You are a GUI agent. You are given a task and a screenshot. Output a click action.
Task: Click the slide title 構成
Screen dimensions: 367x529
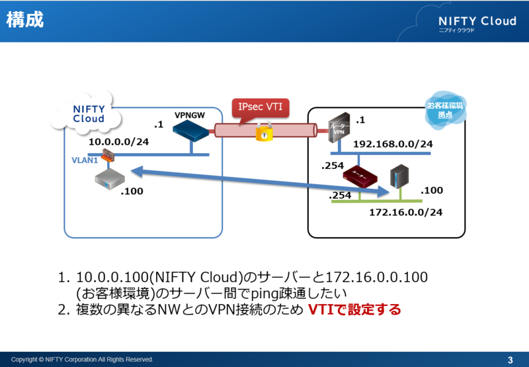(25, 20)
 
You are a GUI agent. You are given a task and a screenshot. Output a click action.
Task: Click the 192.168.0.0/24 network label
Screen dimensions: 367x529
(393, 143)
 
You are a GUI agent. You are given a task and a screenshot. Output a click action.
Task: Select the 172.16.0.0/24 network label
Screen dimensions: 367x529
(405, 212)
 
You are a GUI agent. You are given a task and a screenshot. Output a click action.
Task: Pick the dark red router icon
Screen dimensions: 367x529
(360, 177)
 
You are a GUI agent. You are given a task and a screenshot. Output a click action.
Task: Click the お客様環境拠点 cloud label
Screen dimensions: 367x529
(444, 110)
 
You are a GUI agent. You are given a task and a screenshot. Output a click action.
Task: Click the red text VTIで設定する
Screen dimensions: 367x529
(354, 309)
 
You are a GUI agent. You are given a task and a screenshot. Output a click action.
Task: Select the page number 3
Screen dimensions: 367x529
(510, 360)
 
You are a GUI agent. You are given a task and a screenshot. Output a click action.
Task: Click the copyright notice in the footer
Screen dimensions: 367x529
(82, 360)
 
